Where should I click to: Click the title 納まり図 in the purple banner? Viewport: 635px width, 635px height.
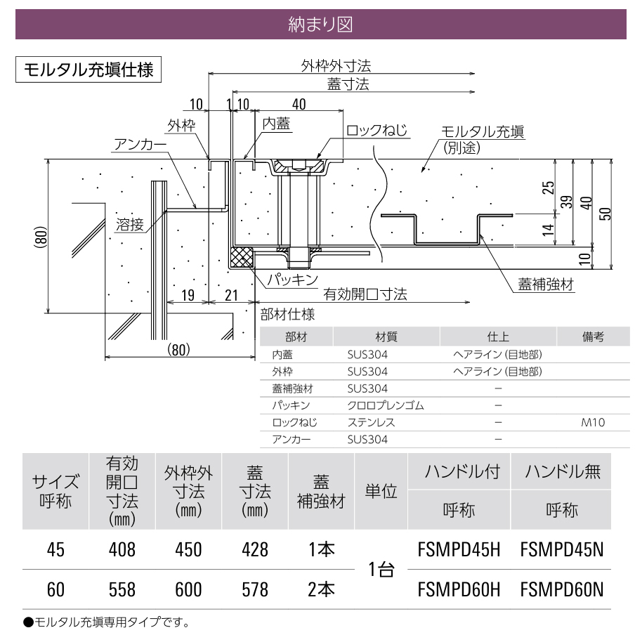tap(320, 25)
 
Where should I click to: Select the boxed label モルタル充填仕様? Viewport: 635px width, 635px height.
tap(89, 70)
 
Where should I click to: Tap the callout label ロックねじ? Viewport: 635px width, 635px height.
tap(377, 131)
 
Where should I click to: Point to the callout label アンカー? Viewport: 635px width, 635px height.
tap(140, 145)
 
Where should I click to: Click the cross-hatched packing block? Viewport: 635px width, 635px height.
tap(242, 257)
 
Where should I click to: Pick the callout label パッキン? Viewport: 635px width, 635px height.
tap(292, 280)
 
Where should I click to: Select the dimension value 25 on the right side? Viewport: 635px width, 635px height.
tap(548, 188)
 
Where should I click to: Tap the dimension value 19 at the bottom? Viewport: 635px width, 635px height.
tap(188, 295)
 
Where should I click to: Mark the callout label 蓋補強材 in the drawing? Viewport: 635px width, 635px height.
tap(546, 284)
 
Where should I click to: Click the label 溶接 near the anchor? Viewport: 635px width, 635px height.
tap(129, 224)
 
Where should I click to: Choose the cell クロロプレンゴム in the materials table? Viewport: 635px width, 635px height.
tap(386, 405)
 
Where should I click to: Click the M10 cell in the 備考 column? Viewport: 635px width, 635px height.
tap(593, 422)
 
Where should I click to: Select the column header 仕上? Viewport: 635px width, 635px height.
tap(498, 336)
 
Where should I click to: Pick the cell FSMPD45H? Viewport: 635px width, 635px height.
tap(459, 549)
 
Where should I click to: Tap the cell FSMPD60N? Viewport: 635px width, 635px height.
tap(562, 589)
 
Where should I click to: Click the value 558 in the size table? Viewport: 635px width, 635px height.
tap(122, 589)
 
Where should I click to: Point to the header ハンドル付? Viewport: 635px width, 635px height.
tap(462, 472)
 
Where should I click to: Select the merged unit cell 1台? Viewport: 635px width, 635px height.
tap(381, 570)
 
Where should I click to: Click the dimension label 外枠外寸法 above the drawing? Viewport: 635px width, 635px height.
tap(336, 65)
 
